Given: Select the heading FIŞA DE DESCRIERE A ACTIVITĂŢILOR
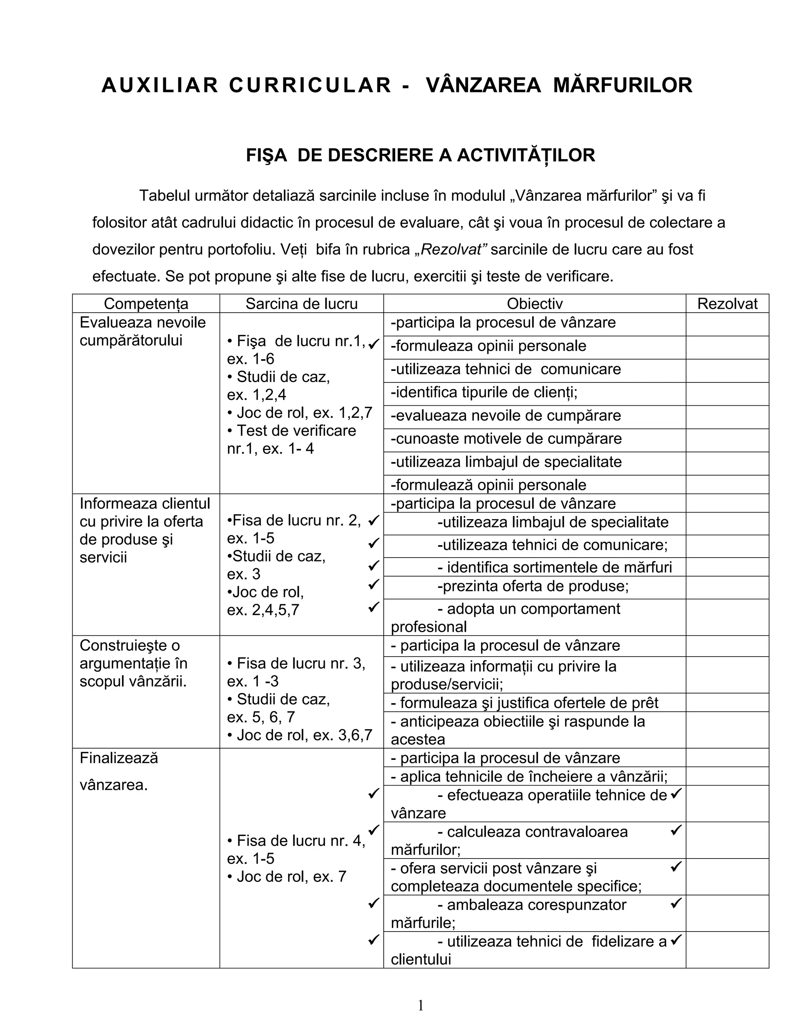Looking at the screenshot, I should point(420,155).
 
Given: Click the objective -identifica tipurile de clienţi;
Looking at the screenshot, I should point(484,393).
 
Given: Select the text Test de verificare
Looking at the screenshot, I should point(296,431).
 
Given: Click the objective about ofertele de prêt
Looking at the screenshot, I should point(524,703).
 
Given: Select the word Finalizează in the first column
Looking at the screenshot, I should point(119,758).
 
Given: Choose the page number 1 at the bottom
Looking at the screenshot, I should point(420,1006).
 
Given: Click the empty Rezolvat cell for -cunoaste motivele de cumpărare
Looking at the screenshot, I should point(727,440).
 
